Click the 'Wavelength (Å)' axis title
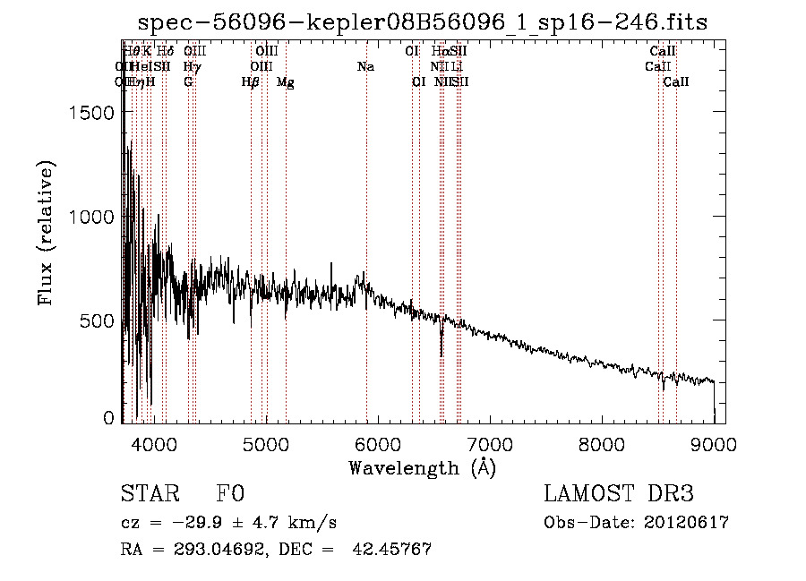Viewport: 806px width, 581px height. (x=422, y=467)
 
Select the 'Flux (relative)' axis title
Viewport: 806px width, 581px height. (x=47, y=233)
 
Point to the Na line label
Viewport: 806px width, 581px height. (x=365, y=67)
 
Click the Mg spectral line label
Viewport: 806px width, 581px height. (x=286, y=82)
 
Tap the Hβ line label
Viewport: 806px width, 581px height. (x=250, y=82)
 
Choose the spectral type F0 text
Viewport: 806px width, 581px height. (x=230, y=494)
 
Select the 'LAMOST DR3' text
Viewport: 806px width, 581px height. (x=619, y=494)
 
